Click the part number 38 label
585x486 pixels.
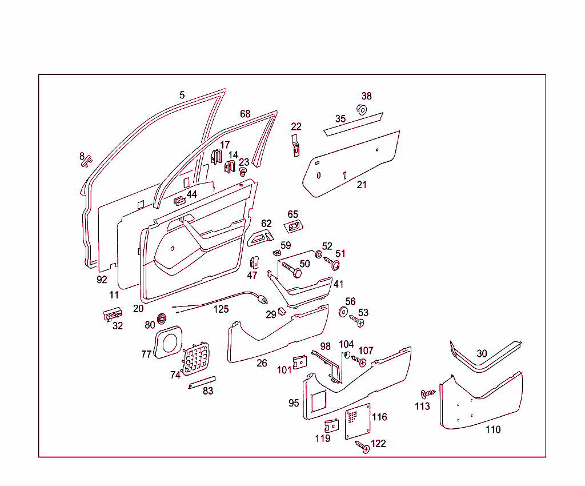pyautogui.click(x=366, y=96)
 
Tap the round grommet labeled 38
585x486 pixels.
pyautogui.click(x=362, y=109)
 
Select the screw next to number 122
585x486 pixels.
pyautogui.click(x=362, y=447)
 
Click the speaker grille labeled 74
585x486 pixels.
pyautogui.click(x=196, y=358)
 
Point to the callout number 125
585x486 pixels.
pyautogui.click(x=221, y=309)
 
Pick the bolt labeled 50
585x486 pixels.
pyautogui.click(x=292, y=269)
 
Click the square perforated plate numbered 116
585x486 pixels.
pyautogui.click(x=358, y=421)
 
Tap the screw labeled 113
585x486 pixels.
pyautogui.click(x=428, y=393)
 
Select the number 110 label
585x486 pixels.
pyautogui.click(x=493, y=429)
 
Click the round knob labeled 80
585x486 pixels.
pyautogui.click(x=162, y=319)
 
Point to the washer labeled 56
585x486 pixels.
pyautogui.click(x=343, y=312)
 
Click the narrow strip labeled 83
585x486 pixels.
pyautogui.click(x=202, y=383)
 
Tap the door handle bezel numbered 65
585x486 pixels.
pyautogui.click(x=293, y=226)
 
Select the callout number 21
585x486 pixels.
pyautogui.click(x=362, y=185)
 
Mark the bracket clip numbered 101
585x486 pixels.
pyautogui.click(x=299, y=362)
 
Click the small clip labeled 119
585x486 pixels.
pyautogui.click(x=331, y=425)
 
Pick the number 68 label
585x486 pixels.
pyautogui.click(x=245, y=114)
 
